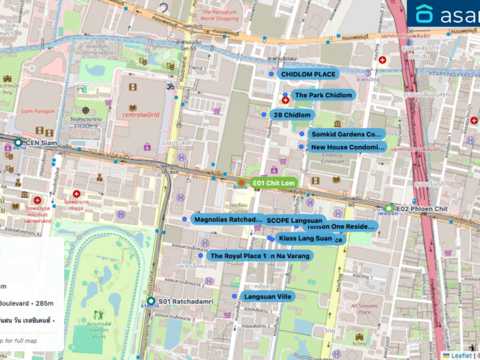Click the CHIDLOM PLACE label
(309, 75)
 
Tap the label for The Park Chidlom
(323, 96)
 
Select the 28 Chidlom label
(292, 115)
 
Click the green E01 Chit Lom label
(272, 183)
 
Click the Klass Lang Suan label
(305, 238)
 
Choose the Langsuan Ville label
(267, 297)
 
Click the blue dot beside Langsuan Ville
(234, 297)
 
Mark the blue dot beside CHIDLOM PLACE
(272, 74)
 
